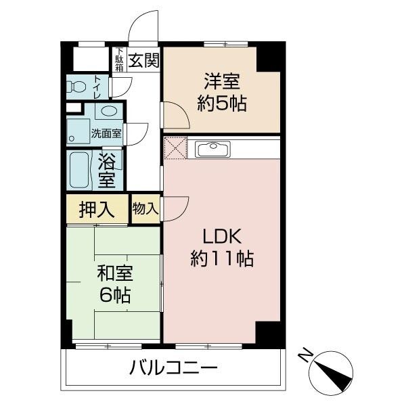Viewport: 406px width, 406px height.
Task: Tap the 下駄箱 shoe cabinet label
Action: coord(119,59)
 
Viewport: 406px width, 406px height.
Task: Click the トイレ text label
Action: coord(97,87)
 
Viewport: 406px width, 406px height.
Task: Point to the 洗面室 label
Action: coord(106,133)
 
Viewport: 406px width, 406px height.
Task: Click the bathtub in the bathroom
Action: coord(80,171)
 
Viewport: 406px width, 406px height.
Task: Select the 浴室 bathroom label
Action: coord(107,171)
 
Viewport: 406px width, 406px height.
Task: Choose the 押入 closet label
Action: coord(96,209)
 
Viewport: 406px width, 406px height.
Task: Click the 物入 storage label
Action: coord(145,208)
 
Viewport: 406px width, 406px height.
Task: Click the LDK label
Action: coord(221,236)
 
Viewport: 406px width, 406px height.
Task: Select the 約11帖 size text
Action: coord(221,258)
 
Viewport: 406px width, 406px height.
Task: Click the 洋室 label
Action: coord(221,81)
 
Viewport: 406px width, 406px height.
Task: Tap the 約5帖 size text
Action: coord(221,104)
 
